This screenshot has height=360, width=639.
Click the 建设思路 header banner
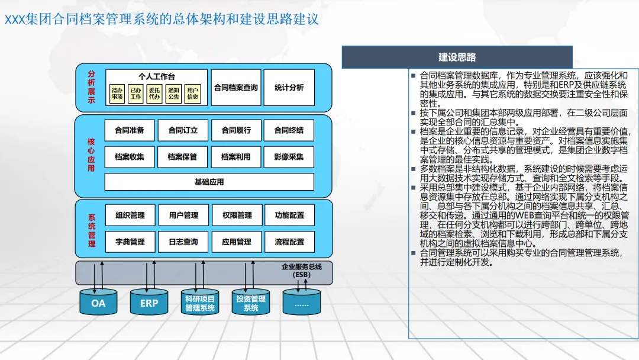click(x=457, y=57)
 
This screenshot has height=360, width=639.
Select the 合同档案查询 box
click(x=235, y=88)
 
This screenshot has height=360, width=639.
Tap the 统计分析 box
click(x=289, y=88)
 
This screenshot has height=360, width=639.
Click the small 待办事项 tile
click(x=117, y=94)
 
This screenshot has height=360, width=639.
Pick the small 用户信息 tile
click(x=192, y=94)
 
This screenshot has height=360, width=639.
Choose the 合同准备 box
click(x=130, y=130)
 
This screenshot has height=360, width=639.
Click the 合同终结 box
click(x=289, y=130)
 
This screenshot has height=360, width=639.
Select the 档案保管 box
click(x=182, y=157)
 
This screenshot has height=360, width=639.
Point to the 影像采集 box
click(x=289, y=157)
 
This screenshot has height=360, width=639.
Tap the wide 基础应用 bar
click(x=209, y=182)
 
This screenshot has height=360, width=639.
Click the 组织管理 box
click(x=130, y=216)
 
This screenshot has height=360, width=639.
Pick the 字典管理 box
click(x=130, y=242)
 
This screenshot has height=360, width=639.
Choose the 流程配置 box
click(x=289, y=242)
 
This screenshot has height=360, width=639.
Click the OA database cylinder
click(x=98, y=303)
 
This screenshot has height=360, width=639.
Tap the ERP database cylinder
click(x=149, y=303)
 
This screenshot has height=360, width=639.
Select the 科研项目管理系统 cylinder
click(x=200, y=303)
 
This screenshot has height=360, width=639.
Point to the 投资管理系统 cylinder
click(x=251, y=303)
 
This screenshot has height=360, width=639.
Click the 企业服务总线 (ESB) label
click(x=301, y=271)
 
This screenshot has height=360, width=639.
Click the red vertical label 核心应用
click(x=91, y=155)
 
